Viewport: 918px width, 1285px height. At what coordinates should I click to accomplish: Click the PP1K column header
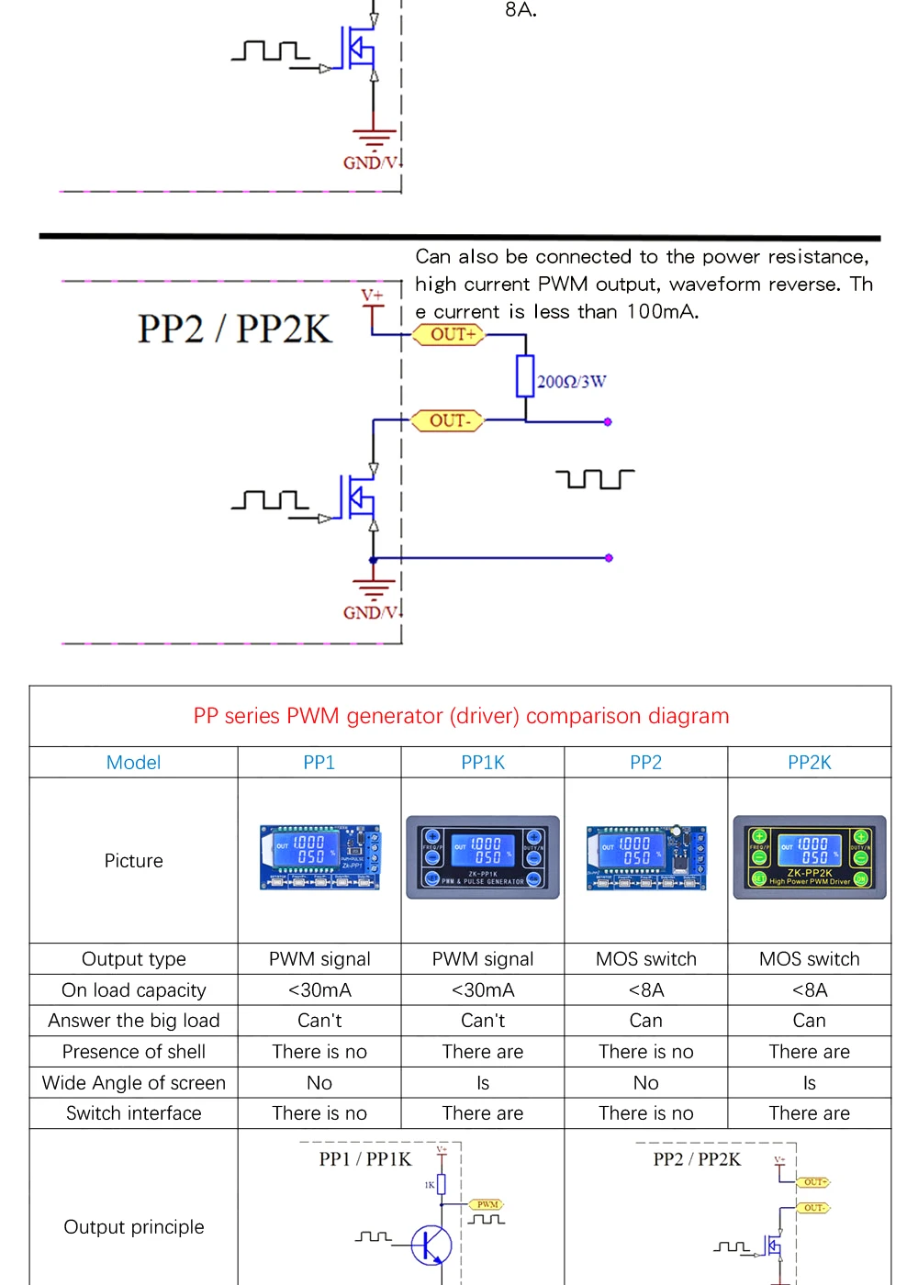(483, 763)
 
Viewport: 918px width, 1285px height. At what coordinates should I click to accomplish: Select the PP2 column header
(645, 763)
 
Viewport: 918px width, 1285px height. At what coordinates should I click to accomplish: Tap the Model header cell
(133, 763)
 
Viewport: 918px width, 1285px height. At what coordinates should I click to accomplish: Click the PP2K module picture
(810, 857)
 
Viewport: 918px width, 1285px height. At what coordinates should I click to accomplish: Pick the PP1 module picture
(319, 857)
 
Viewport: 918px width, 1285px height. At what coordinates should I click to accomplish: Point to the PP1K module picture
(483, 857)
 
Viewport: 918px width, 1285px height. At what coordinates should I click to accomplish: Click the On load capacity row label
(133, 990)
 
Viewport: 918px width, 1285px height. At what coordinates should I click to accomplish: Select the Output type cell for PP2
(645, 959)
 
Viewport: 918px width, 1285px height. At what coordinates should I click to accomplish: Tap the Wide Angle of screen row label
(133, 1083)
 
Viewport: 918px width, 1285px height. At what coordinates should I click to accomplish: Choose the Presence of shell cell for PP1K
(483, 1052)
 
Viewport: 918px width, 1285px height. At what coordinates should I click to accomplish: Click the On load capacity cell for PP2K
(810, 990)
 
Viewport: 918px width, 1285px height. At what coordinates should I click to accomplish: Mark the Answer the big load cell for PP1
(319, 1021)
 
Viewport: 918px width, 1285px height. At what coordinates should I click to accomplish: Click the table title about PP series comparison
(461, 716)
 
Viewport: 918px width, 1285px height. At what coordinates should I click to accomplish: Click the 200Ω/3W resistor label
(571, 382)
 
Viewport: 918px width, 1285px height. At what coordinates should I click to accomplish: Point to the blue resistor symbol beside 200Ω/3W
(525, 376)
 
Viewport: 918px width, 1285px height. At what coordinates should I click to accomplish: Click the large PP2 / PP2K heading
(234, 329)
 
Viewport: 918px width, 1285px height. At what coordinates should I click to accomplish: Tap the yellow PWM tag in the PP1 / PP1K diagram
(487, 1204)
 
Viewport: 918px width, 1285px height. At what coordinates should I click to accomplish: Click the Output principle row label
(133, 1227)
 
